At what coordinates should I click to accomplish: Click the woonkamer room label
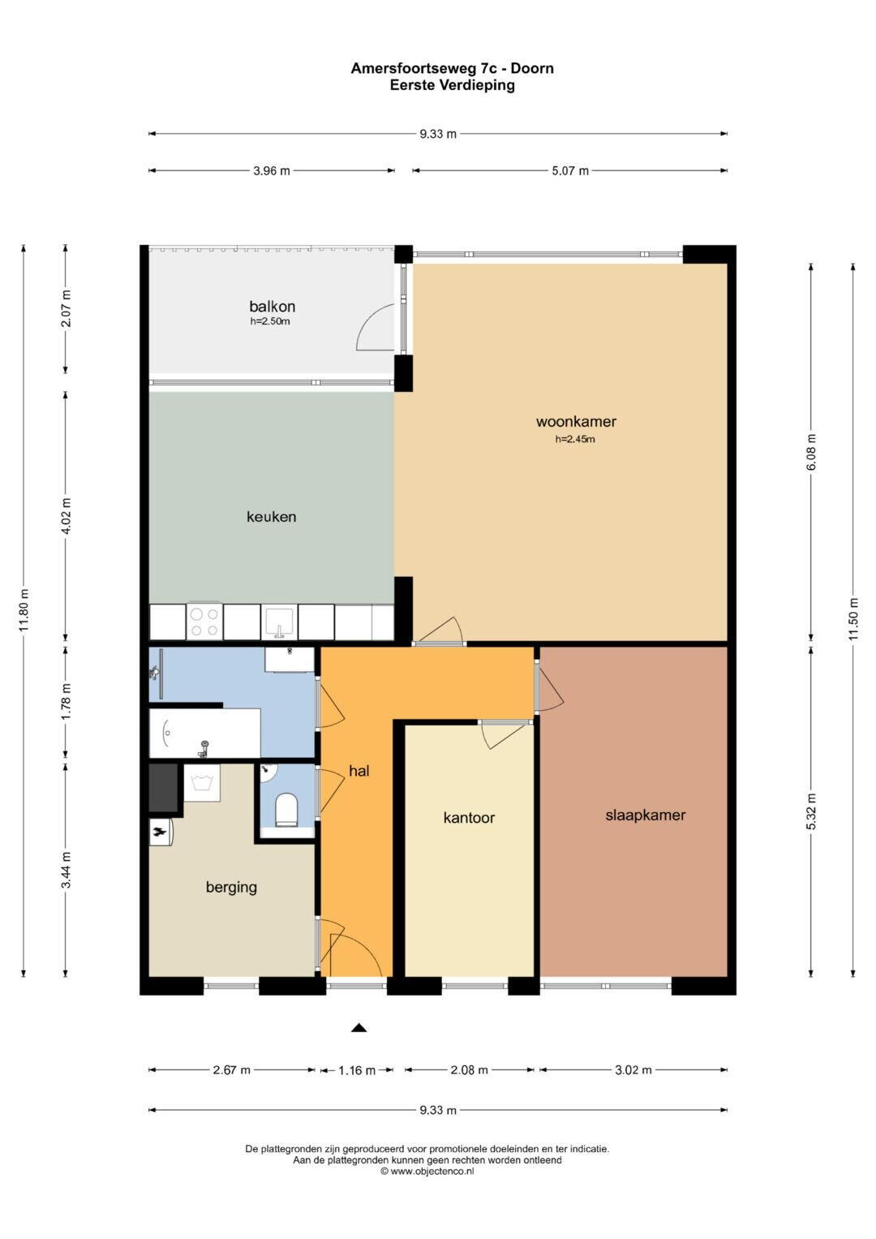(x=576, y=421)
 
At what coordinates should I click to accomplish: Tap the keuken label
(x=271, y=517)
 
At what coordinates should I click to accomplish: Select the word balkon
(x=272, y=307)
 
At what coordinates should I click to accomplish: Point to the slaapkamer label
(x=645, y=815)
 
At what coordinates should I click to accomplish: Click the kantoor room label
(x=469, y=818)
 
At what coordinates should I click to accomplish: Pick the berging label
(x=231, y=887)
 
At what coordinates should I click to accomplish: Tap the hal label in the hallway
(x=359, y=771)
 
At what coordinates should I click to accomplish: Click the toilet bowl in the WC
(x=286, y=810)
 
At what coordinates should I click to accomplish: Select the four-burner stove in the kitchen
(x=204, y=622)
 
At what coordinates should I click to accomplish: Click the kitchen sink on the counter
(x=279, y=622)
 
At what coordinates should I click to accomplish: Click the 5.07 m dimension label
(x=570, y=171)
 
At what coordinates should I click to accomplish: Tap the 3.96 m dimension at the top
(x=272, y=171)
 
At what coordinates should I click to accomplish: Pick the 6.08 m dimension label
(x=811, y=452)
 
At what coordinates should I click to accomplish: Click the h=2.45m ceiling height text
(x=575, y=440)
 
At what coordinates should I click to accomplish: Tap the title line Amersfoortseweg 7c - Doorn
(x=453, y=69)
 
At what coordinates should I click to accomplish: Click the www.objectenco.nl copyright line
(x=427, y=1171)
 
